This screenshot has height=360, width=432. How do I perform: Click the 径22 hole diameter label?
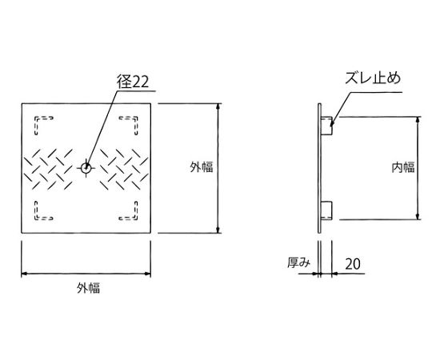(133, 82)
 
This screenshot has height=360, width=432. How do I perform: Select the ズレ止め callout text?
(373, 78)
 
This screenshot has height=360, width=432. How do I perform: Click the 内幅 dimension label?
(403, 167)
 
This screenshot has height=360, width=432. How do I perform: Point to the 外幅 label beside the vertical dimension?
(202, 167)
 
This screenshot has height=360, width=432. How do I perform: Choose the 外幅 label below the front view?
(89, 288)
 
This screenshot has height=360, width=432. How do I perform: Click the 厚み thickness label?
(298, 262)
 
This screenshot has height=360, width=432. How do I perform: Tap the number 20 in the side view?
(353, 264)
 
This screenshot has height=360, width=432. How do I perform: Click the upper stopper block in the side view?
(326, 126)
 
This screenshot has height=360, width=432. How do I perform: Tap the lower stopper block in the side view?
(326, 210)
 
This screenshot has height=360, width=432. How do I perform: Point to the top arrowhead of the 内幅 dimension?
(418, 120)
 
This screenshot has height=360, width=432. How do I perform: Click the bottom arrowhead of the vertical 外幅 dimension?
(218, 230)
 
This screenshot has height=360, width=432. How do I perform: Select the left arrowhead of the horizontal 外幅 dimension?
(25, 274)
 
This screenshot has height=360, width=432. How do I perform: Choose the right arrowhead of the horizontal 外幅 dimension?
(147, 274)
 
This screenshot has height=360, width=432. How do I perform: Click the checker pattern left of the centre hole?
(48, 170)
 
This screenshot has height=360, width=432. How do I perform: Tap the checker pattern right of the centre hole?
(124, 170)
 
